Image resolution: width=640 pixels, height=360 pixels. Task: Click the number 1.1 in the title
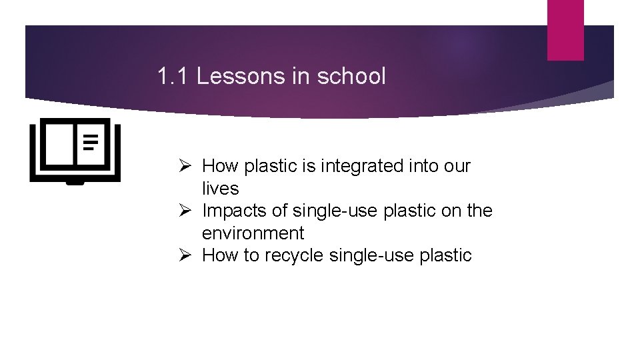(174, 77)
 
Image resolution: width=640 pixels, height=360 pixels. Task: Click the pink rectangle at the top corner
(565, 29)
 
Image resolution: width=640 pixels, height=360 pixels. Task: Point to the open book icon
(75, 151)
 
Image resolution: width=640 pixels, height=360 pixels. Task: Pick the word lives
(220, 189)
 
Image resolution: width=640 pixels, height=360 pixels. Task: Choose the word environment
(253, 233)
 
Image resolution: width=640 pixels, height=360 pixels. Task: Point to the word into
(421, 166)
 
